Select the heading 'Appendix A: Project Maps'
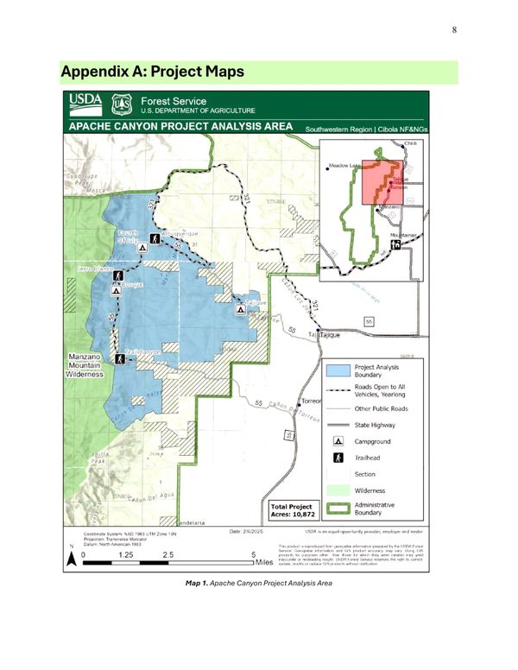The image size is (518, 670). [153, 70]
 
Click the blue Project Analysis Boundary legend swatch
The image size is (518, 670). [338, 370]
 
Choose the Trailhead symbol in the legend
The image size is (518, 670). [338, 457]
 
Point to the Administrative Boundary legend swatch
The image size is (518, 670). [338, 508]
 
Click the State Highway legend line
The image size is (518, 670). [338, 424]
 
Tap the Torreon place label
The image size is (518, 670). [311, 403]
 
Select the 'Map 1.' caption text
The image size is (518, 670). [199, 584]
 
